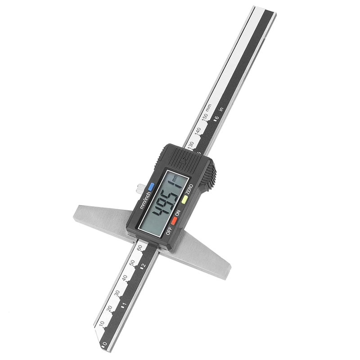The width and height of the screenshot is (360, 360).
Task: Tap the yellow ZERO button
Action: pos(184,198)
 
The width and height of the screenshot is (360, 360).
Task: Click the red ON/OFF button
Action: pos(174,221)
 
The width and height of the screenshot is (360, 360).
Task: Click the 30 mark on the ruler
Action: pos(116,292)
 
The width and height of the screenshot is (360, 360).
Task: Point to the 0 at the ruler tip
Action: pos(104,345)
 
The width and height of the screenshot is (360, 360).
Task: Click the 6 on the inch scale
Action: pos(216,119)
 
